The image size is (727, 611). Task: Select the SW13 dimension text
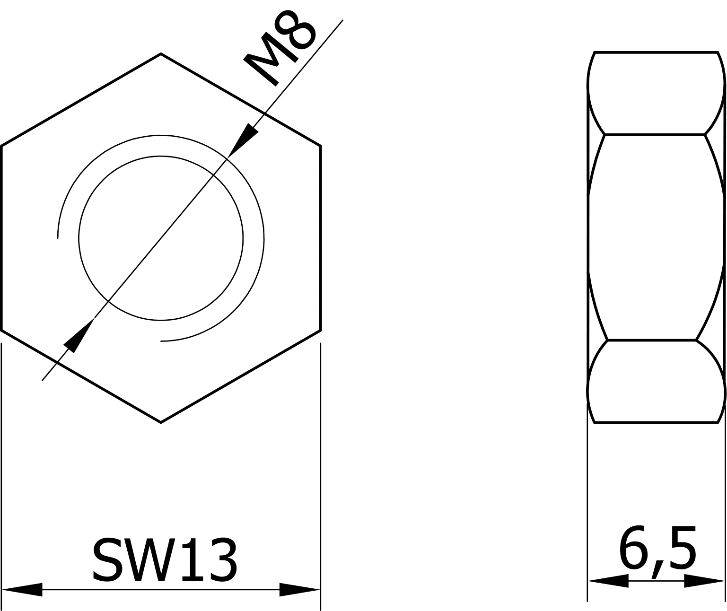coord(164,560)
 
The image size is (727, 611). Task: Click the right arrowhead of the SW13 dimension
coord(299,590)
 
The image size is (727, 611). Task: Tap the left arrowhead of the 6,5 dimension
coord(608,581)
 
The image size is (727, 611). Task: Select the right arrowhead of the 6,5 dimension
coord(704,581)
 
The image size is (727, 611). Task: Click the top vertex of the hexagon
coord(161,54)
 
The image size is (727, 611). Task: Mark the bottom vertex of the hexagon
coord(161,422)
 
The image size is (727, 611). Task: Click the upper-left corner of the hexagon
coord(2,146)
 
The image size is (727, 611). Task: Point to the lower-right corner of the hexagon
coord(321,330)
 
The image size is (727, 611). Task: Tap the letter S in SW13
coord(107,560)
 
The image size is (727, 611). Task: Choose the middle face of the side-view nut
coord(656,237)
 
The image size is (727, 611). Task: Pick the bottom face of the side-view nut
coord(656,381)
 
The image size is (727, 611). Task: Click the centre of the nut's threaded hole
coord(161,238)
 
